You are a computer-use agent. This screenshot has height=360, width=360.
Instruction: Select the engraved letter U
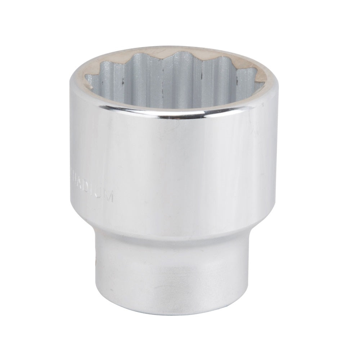tap(100, 194)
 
